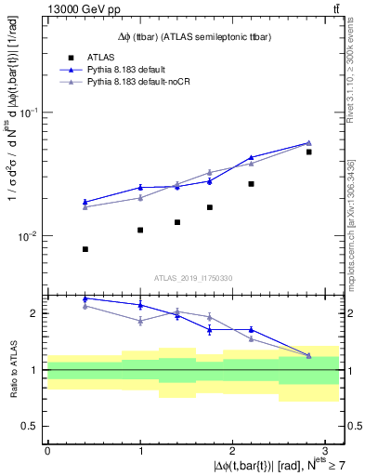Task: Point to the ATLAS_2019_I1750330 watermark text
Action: (193, 278)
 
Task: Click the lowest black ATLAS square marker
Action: (85, 249)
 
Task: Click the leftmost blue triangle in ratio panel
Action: (85, 298)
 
